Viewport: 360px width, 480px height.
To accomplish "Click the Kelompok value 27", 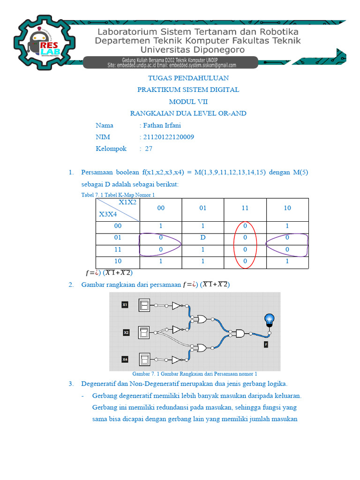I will (x=149, y=149).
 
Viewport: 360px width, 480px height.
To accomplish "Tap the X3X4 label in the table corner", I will (x=108, y=214).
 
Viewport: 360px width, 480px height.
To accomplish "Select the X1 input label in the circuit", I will (x=125, y=305).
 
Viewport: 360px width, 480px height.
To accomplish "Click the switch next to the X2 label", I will (x=144, y=332).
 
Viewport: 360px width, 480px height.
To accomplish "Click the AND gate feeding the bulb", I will (x=240, y=334).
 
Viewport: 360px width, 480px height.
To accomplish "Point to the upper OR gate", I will (x=202, y=319).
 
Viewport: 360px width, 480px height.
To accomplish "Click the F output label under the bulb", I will (x=266, y=345).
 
